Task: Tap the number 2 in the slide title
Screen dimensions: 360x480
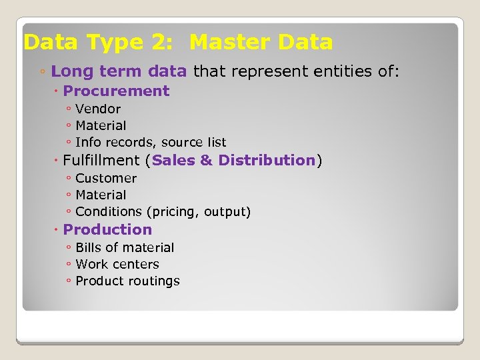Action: tap(161, 43)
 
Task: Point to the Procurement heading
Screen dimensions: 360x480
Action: tap(116, 91)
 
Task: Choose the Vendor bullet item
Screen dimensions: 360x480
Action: tap(98, 109)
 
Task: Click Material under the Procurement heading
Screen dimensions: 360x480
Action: tap(101, 125)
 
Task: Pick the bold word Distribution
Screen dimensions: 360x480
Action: tap(267, 160)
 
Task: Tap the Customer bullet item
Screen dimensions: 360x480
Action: tap(106, 178)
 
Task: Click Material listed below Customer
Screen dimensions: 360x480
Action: tap(101, 195)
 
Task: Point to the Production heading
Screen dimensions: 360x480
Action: tap(107, 229)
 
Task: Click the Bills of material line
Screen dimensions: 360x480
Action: tap(125, 247)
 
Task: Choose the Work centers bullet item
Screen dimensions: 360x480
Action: tap(117, 264)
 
